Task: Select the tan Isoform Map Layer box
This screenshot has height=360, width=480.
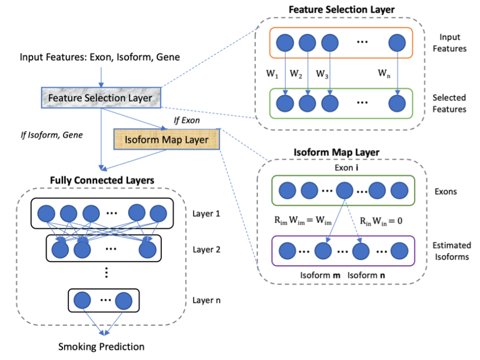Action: click(167, 139)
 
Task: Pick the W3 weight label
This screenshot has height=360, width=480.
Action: click(322, 74)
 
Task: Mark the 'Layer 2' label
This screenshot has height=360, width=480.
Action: click(206, 249)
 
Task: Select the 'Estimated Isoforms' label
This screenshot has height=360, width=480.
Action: click(452, 251)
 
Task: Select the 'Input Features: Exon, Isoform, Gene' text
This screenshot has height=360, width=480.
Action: click(99, 57)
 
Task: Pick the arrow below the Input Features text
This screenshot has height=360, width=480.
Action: click(99, 77)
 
